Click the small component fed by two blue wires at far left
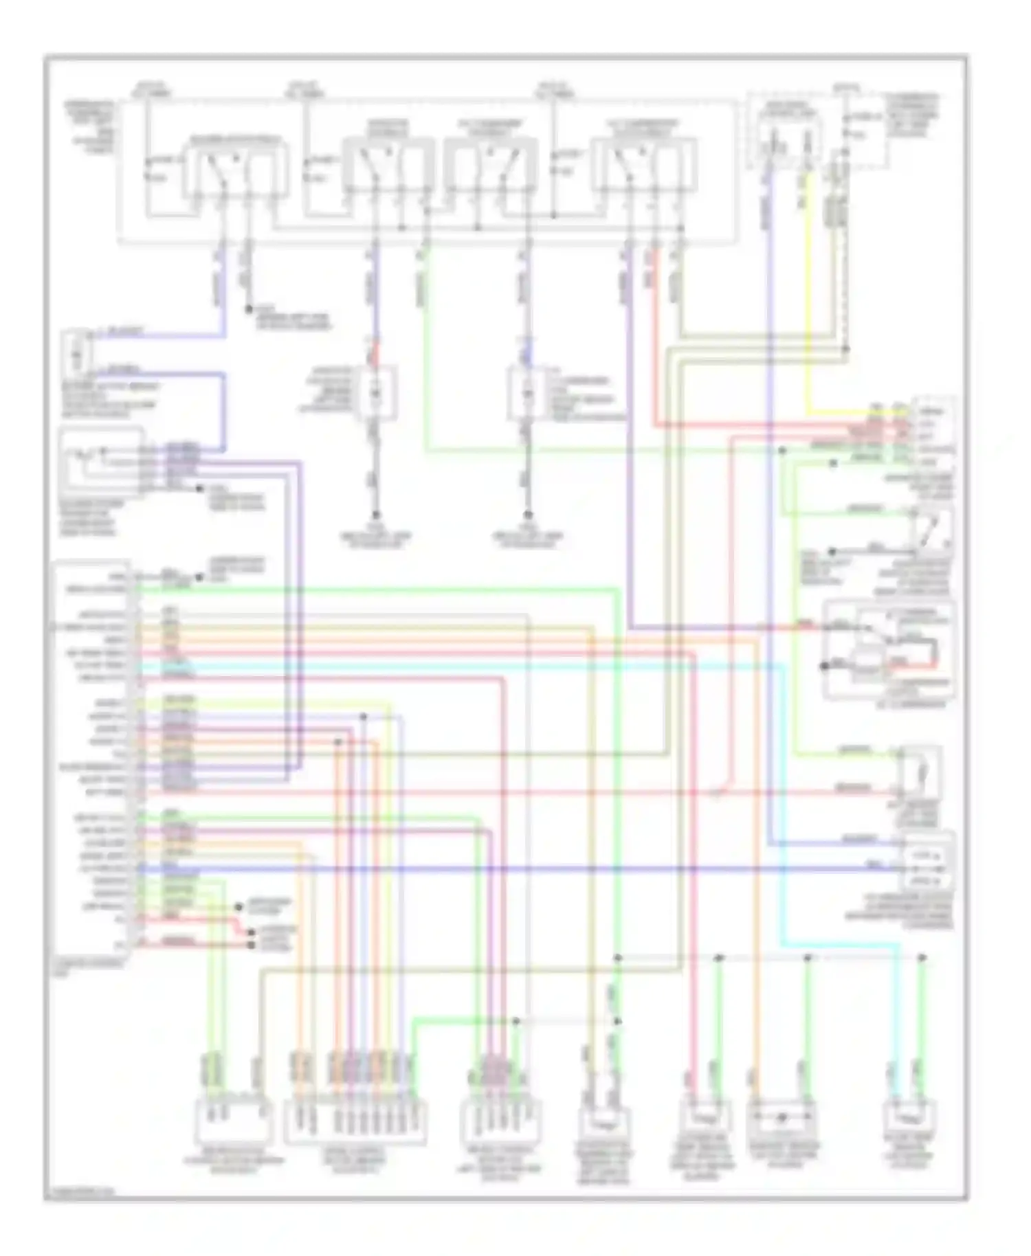[78, 354]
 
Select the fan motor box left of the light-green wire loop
[377, 393]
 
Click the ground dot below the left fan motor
[376, 515]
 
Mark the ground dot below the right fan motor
[528, 515]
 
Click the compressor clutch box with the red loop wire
[890, 649]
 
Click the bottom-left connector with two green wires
[234, 1119]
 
